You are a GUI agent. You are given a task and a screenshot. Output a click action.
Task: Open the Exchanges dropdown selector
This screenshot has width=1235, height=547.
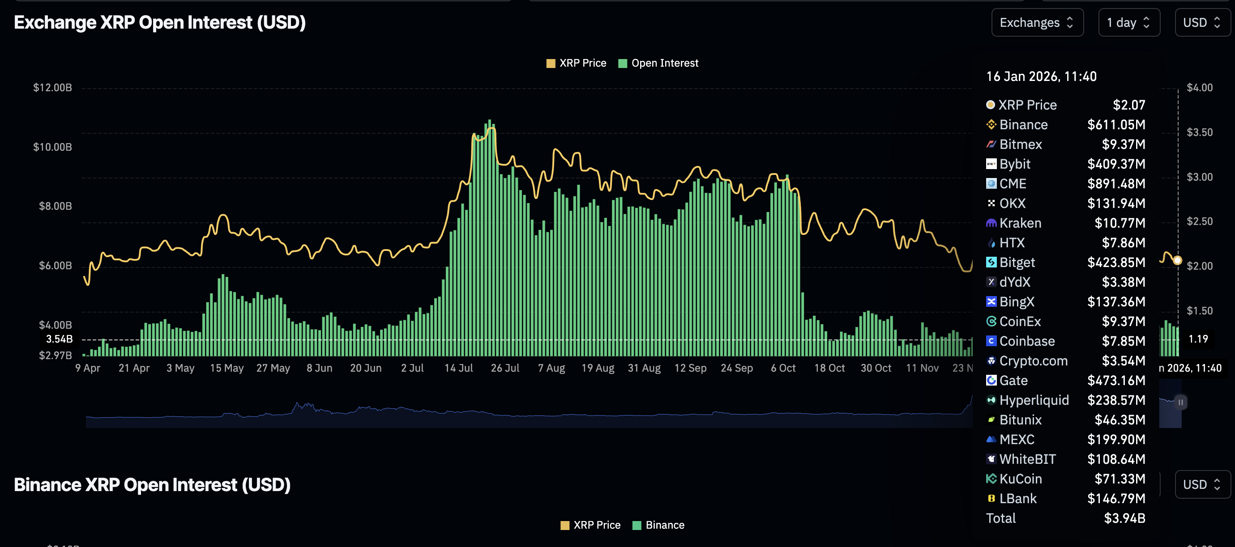pos(1037,22)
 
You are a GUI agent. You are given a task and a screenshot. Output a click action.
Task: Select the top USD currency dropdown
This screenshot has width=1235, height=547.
pos(1201,22)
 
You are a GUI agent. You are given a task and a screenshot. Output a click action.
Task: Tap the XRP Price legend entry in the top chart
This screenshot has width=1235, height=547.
pos(576,63)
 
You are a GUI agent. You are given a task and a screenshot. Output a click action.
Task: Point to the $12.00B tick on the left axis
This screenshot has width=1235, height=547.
pos(52,88)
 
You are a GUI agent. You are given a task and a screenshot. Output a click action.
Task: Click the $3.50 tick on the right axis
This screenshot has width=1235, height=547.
pos(1199,132)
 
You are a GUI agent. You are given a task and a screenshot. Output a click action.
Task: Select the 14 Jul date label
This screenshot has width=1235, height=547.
pos(458,368)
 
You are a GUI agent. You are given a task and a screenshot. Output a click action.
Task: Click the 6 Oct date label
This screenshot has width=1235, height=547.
pos(783,368)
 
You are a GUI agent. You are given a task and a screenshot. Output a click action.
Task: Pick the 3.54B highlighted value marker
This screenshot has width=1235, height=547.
pos(60,339)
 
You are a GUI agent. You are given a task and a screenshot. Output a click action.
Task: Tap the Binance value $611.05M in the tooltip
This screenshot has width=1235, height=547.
pos(1115,124)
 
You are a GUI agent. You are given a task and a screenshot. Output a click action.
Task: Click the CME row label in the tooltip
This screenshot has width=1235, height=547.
pos(1013,183)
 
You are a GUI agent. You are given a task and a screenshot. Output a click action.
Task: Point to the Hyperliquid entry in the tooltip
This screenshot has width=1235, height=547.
pos(1034,400)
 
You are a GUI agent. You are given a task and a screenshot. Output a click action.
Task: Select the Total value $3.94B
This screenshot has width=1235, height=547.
pos(1124,518)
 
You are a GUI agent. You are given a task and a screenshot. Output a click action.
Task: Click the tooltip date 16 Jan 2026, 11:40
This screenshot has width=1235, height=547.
pos(1041,76)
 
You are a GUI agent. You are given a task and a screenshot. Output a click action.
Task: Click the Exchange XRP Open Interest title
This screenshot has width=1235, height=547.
pos(160,22)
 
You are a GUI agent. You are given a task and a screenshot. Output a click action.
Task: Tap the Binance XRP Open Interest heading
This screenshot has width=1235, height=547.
pos(152,485)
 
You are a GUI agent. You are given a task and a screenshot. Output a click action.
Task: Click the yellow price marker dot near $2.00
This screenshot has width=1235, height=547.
pos(1177,261)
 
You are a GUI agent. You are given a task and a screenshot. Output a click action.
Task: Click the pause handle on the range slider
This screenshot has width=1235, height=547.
pos(1180,403)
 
